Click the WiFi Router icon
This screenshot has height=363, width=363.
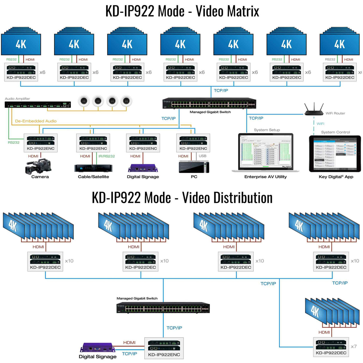pyautogui.click(x=314, y=109)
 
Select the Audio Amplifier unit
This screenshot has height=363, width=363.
pyautogui.click(x=38, y=105)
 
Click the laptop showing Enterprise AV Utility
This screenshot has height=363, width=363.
pyautogui.click(x=266, y=153)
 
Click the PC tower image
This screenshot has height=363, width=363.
pyautogui.click(x=194, y=167)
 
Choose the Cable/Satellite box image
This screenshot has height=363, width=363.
pyautogui.click(x=93, y=168)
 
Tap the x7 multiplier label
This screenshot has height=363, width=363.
pyautogui.click(x=354, y=346)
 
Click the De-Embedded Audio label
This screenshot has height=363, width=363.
pyautogui.click(x=36, y=121)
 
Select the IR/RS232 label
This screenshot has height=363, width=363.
pyautogui.click(x=106, y=156)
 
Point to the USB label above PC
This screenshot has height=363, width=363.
pyautogui.click(x=202, y=156)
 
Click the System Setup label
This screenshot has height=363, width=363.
pyautogui.click(x=267, y=130)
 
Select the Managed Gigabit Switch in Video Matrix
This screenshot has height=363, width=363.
pyautogui.click(x=209, y=103)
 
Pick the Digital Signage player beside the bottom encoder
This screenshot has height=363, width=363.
pyautogui.click(x=97, y=348)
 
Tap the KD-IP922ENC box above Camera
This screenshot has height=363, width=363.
pyautogui.click(x=41, y=143)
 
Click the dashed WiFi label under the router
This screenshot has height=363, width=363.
pyautogui.click(x=320, y=123)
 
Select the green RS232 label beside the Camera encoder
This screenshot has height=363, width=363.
pyautogui.click(x=13, y=142)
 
